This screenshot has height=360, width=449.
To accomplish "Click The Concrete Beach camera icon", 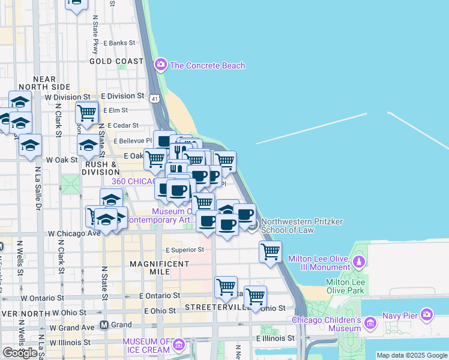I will point(160,65).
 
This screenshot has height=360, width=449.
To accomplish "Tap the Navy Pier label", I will point(402,314).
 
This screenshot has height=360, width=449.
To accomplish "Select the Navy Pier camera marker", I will point(427,314).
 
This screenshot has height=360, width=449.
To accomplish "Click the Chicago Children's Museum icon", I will point(370,325).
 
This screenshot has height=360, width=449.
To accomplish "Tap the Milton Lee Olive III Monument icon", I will point(358,262).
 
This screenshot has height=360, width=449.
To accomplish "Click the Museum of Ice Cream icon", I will point(178,344).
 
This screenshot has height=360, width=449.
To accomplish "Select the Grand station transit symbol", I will point(104,325).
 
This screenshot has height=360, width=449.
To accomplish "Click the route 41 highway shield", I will point(155,98).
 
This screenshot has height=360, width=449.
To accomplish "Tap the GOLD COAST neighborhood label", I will point(116,61).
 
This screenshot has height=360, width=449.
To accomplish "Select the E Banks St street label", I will point(119,43).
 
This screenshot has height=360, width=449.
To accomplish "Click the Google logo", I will point(20,353).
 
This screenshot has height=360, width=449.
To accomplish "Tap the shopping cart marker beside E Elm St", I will point(87,112).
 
